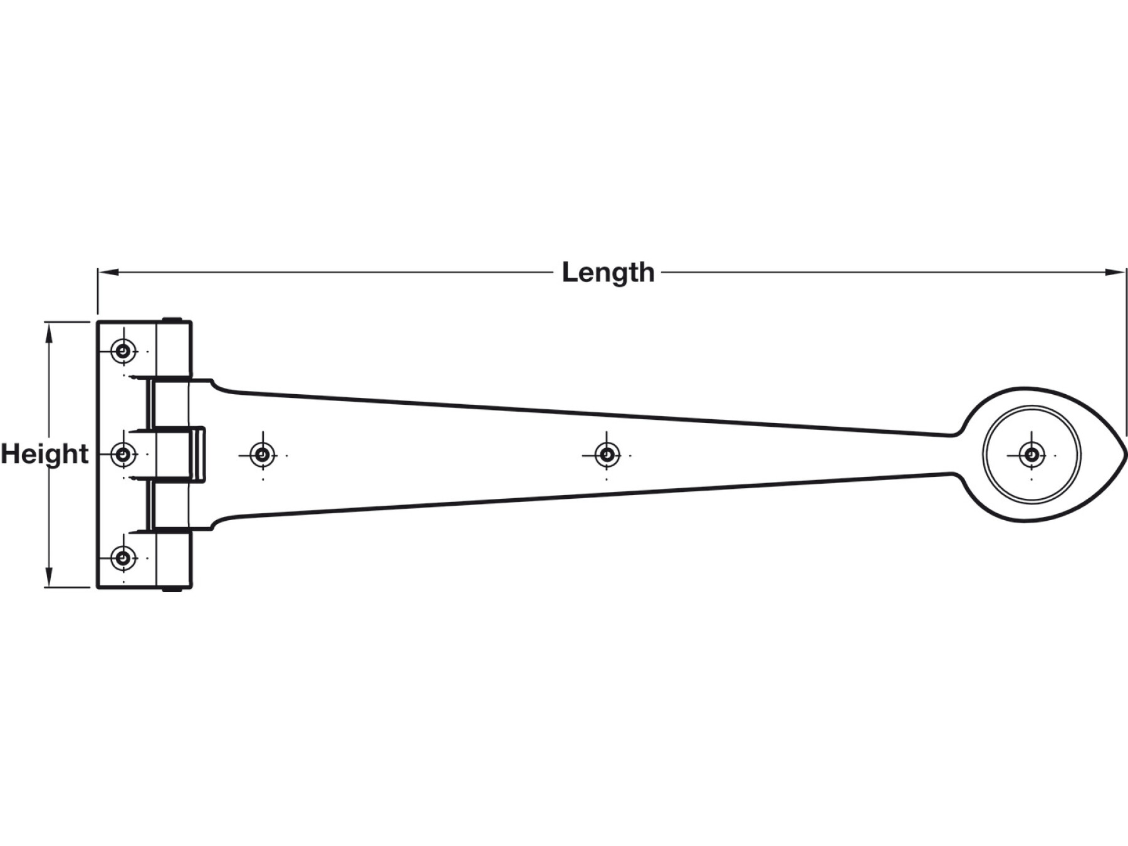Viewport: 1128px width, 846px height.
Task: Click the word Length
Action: point(608,273)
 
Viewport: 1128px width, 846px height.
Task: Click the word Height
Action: point(44,454)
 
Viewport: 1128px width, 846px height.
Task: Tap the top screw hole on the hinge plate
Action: point(123,351)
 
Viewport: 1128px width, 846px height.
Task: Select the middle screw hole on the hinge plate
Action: point(123,454)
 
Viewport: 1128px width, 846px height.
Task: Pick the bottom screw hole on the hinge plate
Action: point(123,557)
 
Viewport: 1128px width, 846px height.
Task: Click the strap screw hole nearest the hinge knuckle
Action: point(263,454)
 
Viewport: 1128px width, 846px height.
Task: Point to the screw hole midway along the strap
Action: point(607,454)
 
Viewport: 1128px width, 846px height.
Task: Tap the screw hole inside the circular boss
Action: point(1031,454)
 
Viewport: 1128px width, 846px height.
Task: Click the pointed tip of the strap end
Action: point(1125,454)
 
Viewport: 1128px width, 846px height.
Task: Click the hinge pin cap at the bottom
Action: point(172,589)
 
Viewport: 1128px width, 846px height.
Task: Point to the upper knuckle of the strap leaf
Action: point(169,403)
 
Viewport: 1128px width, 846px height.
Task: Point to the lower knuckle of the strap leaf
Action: point(169,505)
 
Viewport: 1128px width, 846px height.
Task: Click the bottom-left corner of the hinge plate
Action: point(98,587)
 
